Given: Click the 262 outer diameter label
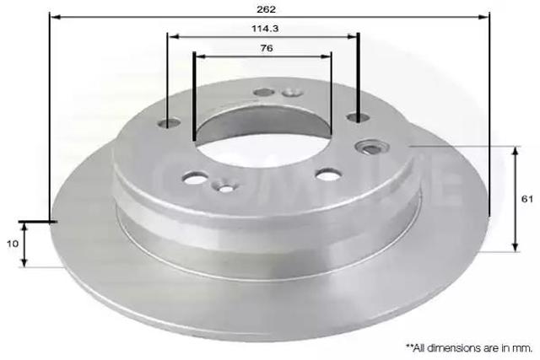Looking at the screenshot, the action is click(x=267, y=9).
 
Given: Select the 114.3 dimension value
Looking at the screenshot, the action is click(x=265, y=29).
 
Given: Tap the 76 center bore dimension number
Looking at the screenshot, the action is click(x=267, y=48).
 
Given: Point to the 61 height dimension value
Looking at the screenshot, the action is click(x=526, y=199).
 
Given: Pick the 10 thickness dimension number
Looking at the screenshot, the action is click(x=13, y=244).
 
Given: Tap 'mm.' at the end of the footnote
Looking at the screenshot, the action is click(x=524, y=348).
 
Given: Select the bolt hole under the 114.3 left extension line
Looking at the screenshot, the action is click(x=169, y=123).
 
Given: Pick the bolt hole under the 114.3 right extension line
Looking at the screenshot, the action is click(x=358, y=117).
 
